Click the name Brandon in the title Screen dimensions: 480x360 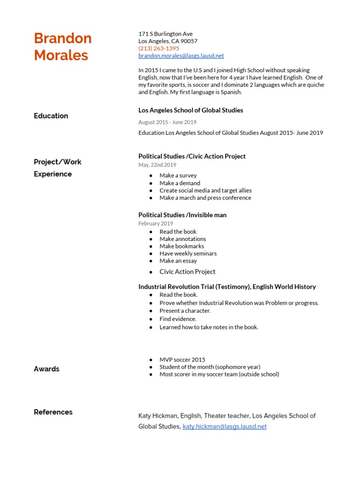click(x=63, y=38)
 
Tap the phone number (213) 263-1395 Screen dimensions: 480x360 click(x=158, y=48)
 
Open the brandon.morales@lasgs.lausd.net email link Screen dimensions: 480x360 click(x=181, y=56)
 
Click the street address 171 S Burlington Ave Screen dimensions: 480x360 click(x=165, y=34)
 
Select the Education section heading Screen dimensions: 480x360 click(x=51, y=116)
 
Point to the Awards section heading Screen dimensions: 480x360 click(x=46, y=369)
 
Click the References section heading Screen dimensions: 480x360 click(x=53, y=412)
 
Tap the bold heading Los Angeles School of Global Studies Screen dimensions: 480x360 click(x=190, y=110)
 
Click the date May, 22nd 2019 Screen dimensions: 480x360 click(x=157, y=165)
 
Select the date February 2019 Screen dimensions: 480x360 click(x=156, y=224)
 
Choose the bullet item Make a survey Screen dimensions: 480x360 click(x=178, y=175)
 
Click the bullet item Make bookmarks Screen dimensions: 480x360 click(x=181, y=246)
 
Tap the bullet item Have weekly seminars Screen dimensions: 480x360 click(x=188, y=254)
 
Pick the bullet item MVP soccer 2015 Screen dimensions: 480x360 click(x=182, y=360)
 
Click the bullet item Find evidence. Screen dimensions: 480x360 click(x=178, y=319)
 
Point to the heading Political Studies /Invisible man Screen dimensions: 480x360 click(x=182, y=215)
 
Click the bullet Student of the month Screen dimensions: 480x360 click(x=210, y=367)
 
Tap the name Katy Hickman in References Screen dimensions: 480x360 click(x=158, y=416)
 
